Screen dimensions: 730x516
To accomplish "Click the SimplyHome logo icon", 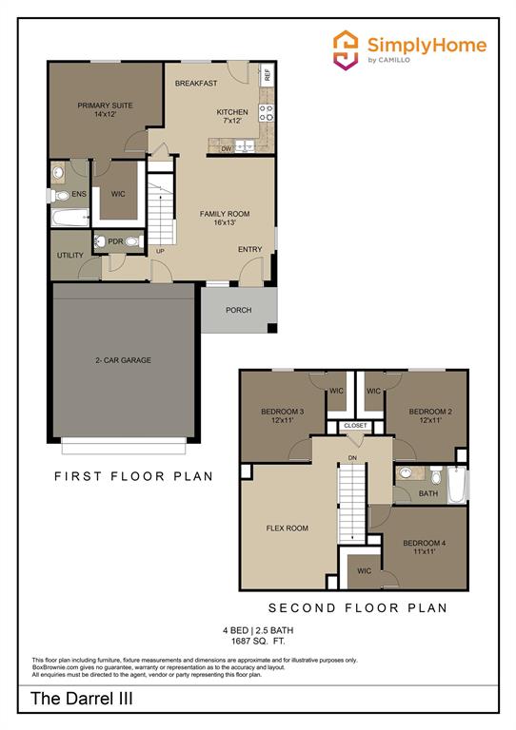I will [345, 48].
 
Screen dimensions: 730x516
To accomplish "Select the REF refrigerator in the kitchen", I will [268, 74].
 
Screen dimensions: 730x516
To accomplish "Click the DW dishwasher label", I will [227, 149].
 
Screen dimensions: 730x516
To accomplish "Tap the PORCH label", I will [238, 310].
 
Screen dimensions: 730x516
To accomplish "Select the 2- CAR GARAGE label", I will [123, 360].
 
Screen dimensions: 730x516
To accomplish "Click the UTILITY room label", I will [70, 256].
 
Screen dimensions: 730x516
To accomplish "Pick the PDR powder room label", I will [115, 241].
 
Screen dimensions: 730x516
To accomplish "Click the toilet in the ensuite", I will [61, 197].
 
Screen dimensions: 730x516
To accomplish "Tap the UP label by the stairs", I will [160, 251].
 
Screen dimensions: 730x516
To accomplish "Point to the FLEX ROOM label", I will [287, 528].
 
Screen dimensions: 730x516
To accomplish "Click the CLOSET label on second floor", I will [355, 425].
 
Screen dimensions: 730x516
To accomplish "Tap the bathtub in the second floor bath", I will [458, 484].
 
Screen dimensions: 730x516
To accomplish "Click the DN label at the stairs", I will [352, 457].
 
